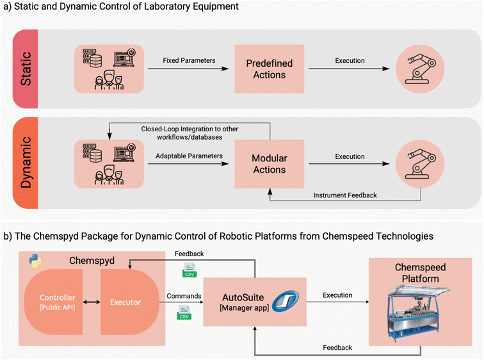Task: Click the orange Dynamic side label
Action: click(26, 163)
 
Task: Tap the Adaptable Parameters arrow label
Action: click(188, 154)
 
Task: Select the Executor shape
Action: click(127, 300)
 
